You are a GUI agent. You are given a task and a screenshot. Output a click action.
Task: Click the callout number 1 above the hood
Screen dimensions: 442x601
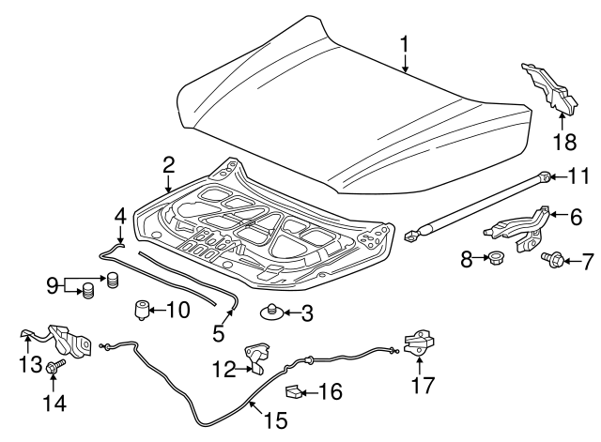pyautogui.click(x=405, y=43)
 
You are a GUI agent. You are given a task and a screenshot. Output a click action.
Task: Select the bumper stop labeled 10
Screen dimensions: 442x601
pyautogui.click(x=145, y=308)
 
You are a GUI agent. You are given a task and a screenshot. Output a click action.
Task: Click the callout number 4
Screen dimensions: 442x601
pyautogui.click(x=119, y=215)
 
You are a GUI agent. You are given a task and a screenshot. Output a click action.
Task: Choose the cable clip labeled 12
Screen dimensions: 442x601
pyautogui.click(x=254, y=357)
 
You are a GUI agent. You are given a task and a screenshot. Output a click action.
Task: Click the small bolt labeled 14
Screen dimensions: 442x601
pyautogui.click(x=53, y=373)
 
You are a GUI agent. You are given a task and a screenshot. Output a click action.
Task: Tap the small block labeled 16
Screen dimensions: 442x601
pyautogui.click(x=293, y=391)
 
